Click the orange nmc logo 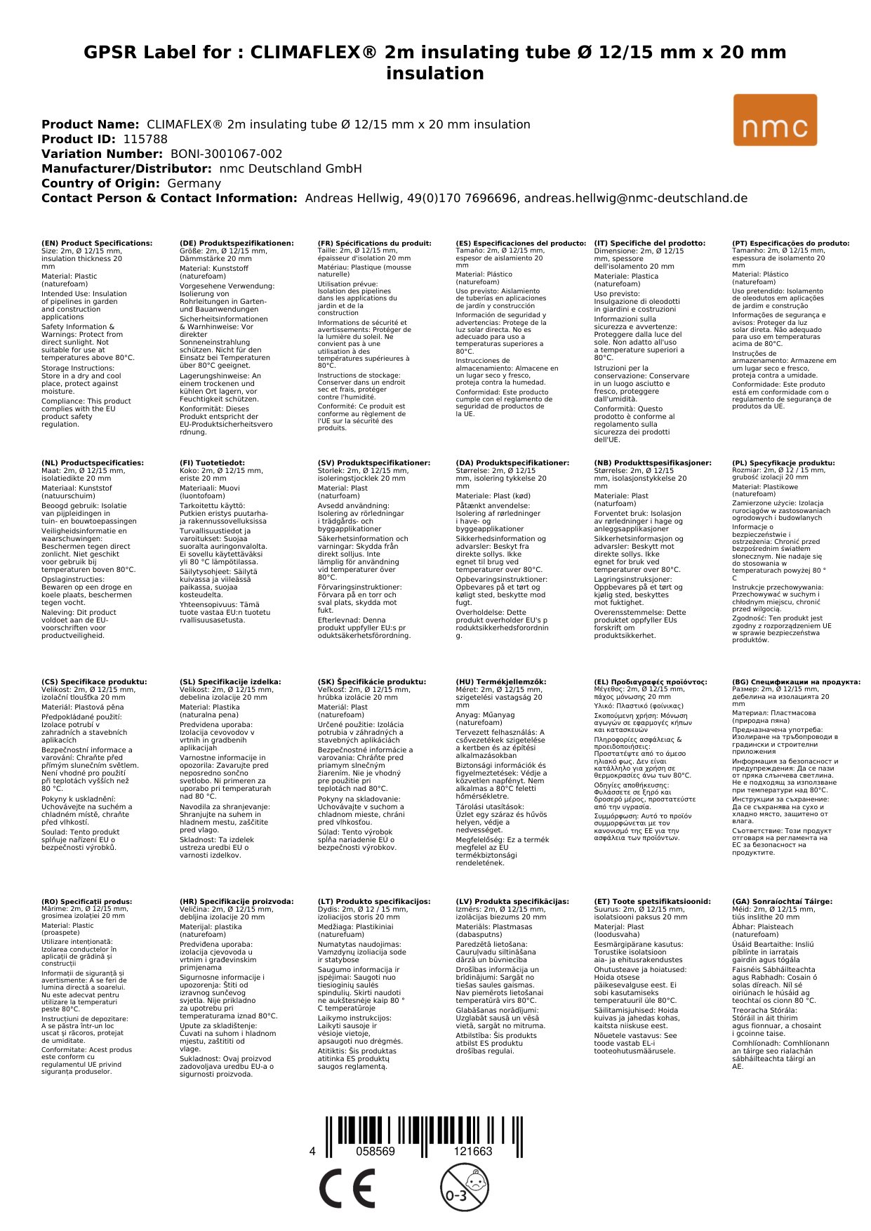click(x=775, y=120)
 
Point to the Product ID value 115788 click(x=145, y=139)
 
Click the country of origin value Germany click(x=194, y=183)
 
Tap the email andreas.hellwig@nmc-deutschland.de click(x=636, y=198)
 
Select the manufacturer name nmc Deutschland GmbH click(x=291, y=168)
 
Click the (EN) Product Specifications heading click(x=97, y=244)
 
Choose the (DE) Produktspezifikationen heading click(x=237, y=244)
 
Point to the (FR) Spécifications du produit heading click(x=374, y=244)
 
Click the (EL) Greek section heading click(x=651, y=682)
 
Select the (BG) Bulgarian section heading click(x=796, y=682)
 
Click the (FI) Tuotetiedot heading click(x=212, y=463)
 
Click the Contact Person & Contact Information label click(x=169, y=198)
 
